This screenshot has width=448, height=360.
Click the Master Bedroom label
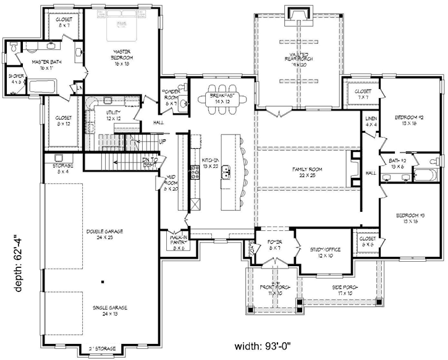point(120,54)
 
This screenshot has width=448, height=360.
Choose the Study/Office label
point(322,251)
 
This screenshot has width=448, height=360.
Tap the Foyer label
point(274,245)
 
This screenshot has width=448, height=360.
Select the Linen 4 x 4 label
point(371,122)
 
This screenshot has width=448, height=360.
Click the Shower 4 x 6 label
point(15,78)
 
